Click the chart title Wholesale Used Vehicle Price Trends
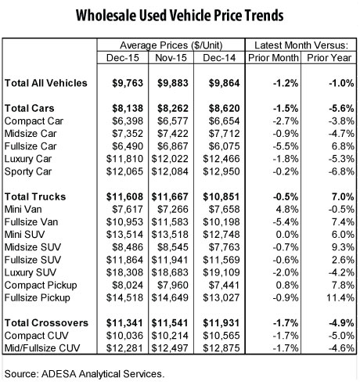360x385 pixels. pos(179,15)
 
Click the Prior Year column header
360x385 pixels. pos(326,59)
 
